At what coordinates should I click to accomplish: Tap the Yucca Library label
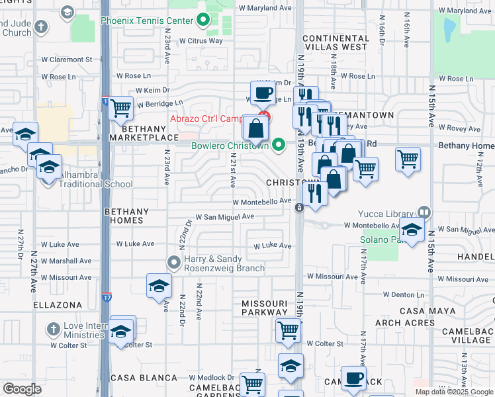[x=386, y=214]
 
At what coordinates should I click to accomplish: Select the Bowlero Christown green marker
[x=279, y=144]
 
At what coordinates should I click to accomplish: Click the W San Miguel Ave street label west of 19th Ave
[x=224, y=216]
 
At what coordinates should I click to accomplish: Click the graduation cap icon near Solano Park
[x=412, y=231]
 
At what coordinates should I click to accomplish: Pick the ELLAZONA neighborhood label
[x=58, y=305]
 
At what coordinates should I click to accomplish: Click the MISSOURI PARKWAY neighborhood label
[x=265, y=306]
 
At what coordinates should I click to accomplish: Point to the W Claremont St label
[x=66, y=60]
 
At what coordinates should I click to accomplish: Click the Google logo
[x=22, y=388]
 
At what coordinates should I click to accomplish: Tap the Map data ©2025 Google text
[x=454, y=392]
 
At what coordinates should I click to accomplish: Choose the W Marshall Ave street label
[x=66, y=261]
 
